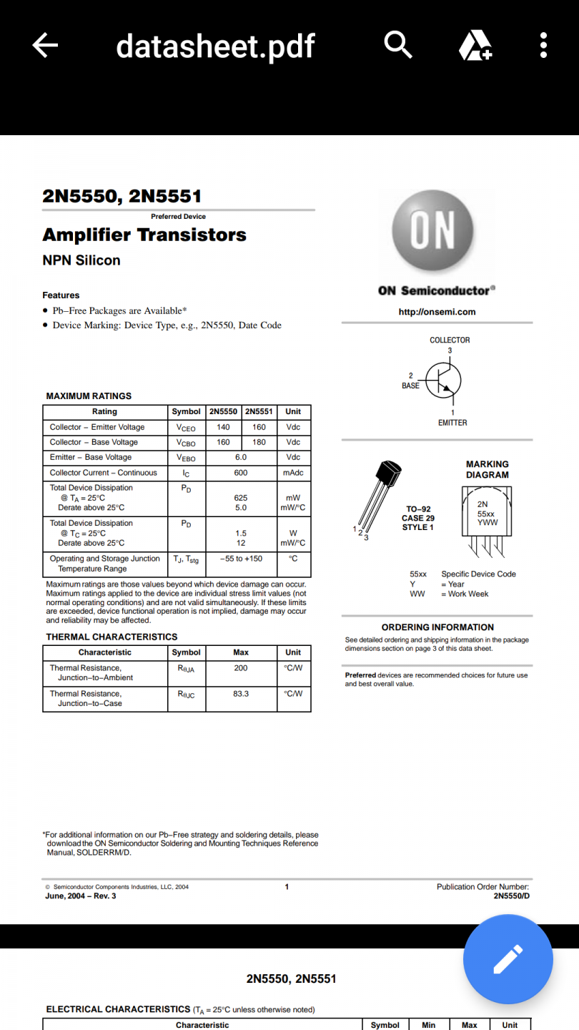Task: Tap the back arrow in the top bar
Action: (x=45, y=46)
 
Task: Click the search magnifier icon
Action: (x=398, y=45)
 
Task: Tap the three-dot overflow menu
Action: (x=543, y=45)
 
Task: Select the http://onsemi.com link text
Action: (x=437, y=312)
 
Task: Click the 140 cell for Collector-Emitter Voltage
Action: (x=223, y=427)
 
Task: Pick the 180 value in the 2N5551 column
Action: (x=259, y=442)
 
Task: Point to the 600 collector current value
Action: (x=241, y=473)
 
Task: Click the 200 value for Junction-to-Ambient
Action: (x=241, y=668)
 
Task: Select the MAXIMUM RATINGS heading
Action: (x=89, y=396)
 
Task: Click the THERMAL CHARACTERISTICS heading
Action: (x=112, y=637)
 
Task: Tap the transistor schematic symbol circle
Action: (x=444, y=379)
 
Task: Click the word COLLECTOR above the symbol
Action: (x=450, y=340)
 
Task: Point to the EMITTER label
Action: (x=452, y=423)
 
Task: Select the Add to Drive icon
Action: (x=475, y=46)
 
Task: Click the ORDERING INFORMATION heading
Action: (x=437, y=627)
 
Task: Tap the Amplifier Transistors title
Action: (x=144, y=235)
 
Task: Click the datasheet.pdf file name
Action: (x=215, y=46)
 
